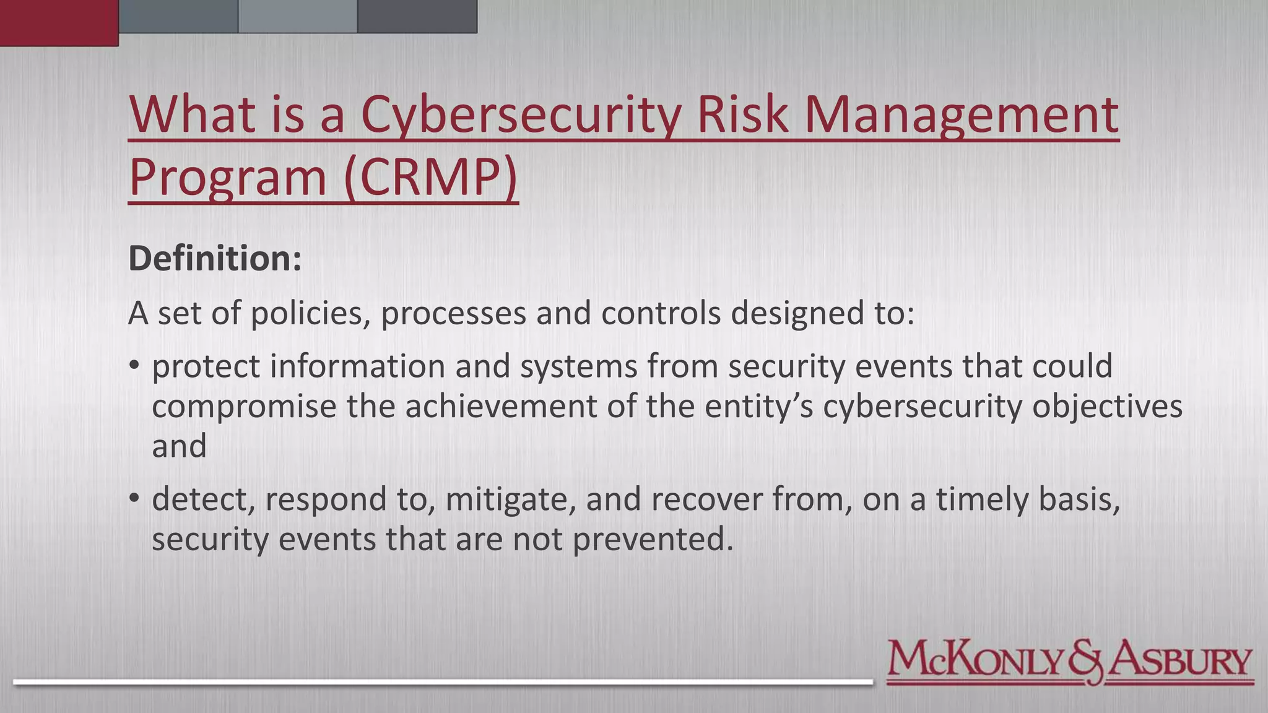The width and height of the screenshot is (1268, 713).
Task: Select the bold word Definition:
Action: (x=215, y=258)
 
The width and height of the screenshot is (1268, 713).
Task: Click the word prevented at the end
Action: (x=653, y=539)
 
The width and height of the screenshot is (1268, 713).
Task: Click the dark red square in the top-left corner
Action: (x=59, y=22)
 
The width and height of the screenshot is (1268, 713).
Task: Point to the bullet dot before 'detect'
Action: (x=134, y=498)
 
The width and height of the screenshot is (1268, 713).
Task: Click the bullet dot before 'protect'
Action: (x=134, y=365)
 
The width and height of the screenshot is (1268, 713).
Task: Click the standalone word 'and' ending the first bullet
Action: (x=179, y=446)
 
